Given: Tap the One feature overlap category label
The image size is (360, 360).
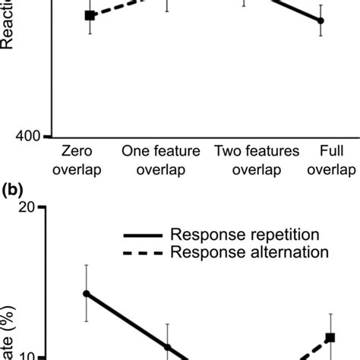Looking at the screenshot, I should point(161,159).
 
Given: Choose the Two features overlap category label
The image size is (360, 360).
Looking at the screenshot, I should point(257,159).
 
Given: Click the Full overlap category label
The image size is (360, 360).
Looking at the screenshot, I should point(331,159).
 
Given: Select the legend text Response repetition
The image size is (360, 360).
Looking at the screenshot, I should point(245,235).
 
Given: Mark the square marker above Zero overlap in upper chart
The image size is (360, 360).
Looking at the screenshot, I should point(90,15).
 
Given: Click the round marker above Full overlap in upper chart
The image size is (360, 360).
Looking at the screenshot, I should point(321,21).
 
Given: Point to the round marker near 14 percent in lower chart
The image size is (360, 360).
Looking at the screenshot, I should point(87,293).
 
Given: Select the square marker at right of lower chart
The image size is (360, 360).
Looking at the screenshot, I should point(330,337).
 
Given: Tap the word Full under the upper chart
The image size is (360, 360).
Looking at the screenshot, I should point(331,151).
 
